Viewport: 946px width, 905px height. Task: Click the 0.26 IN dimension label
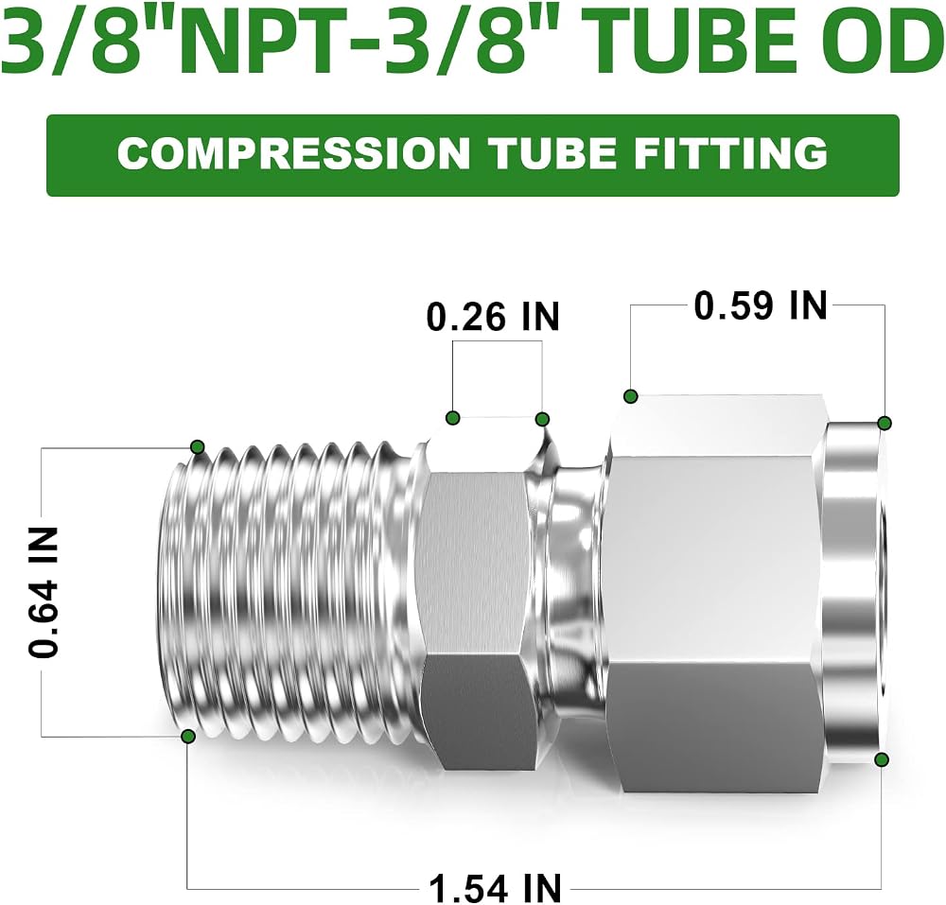[493, 316]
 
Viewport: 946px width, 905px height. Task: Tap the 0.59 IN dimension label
[761, 305]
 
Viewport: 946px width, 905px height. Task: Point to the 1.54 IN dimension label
[496, 888]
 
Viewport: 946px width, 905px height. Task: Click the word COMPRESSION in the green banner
[294, 153]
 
